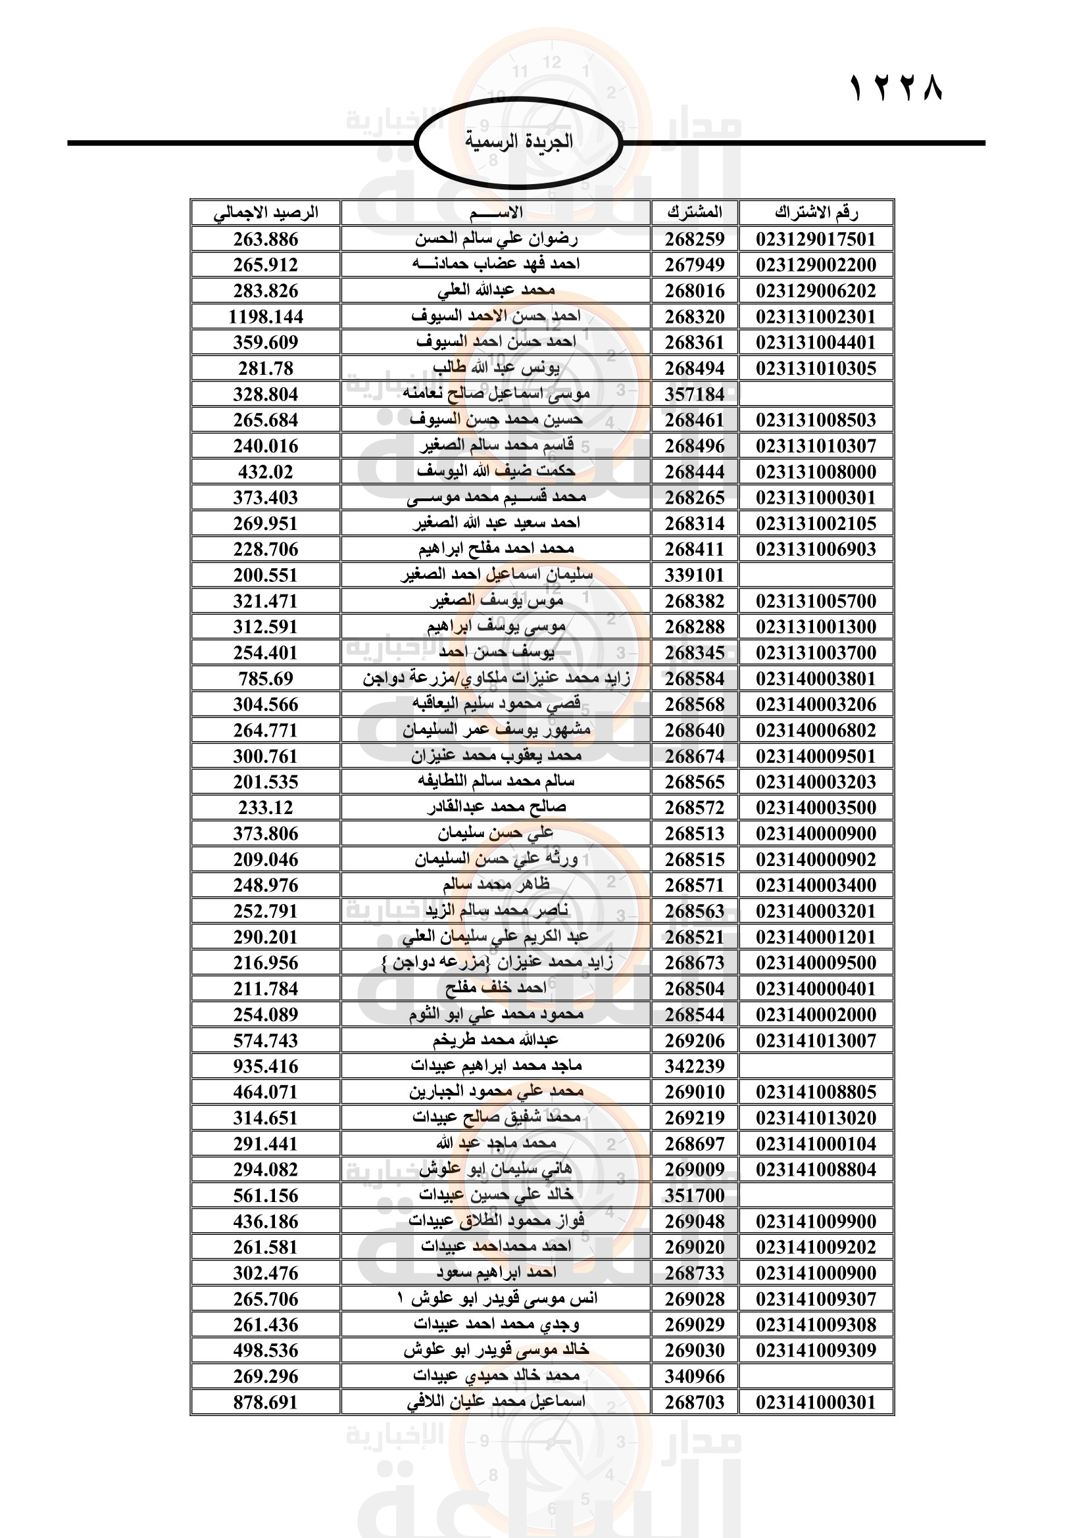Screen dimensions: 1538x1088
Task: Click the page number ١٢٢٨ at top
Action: (x=897, y=87)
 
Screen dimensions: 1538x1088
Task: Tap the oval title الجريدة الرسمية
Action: (x=518, y=141)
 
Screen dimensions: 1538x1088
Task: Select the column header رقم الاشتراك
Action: (x=816, y=213)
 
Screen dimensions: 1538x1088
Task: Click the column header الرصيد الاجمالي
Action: (x=265, y=213)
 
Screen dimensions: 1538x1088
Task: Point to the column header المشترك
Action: (x=694, y=213)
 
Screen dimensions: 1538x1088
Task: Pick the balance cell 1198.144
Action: (x=265, y=317)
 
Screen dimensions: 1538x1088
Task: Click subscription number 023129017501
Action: (x=816, y=239)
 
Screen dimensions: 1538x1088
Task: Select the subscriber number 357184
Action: (x=694, y=395)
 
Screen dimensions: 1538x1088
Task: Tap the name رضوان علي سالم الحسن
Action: (x=496, y=239)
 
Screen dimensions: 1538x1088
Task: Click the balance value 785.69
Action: (x=265, y=679)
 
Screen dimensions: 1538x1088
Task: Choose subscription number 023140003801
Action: (x=816, y=679)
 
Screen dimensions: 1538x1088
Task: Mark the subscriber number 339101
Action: (x=694, y=575)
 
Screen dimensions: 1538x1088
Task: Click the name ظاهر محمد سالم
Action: (x=496, y=885)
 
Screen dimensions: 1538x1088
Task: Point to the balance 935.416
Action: (x=265, y=1066)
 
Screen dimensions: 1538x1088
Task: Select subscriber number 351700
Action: (x=694, y=1195)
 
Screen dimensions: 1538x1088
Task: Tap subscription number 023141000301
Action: (x=816, y=1402)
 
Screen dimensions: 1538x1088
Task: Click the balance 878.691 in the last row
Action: (x=265, y=1402)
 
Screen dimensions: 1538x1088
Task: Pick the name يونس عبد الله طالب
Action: (x=496, y=368)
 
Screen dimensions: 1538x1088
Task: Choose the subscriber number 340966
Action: (x=694, y=1376)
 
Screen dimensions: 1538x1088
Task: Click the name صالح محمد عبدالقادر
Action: (x=496, y=807)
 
